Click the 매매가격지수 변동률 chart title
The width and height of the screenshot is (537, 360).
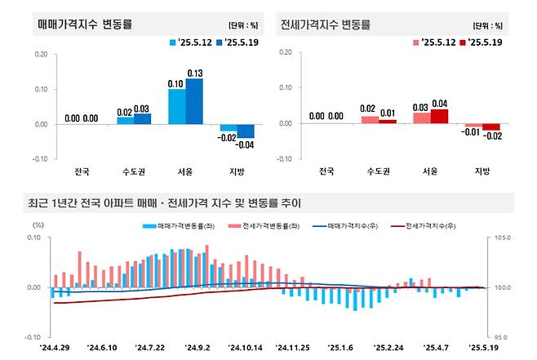coord(85,24)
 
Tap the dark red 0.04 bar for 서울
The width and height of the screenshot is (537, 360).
coord(439,116)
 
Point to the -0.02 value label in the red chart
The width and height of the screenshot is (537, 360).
coord(491,137)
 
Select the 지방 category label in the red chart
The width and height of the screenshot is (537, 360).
coord(482,171)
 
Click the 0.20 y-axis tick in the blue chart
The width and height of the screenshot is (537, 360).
coord(41,55)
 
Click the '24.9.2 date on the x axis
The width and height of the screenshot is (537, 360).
coord(198,347)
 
